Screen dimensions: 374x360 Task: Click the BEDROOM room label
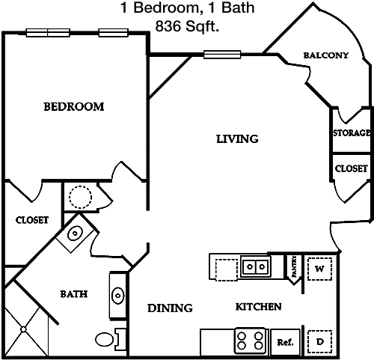pos(74,106)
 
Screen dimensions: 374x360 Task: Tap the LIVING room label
pos(237,139)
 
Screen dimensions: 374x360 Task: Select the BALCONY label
pos(325,55)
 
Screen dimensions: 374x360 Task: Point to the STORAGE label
pos(352,133)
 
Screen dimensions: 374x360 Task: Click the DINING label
pos(170,308)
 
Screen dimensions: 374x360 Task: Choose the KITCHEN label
pos(259,307)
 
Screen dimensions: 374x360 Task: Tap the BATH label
pos(74,294)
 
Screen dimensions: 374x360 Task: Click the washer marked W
pos(319,269)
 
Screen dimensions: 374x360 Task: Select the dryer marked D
pos(319,341)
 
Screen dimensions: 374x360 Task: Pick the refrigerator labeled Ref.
pos(285,342)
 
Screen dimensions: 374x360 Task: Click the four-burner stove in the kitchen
pos(251,341)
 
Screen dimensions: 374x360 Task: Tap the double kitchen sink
pos(256,266)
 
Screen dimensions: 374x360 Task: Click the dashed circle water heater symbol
pos(80,197)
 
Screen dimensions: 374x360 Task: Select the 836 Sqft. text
pos(187,26)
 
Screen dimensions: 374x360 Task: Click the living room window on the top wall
pos(222,55)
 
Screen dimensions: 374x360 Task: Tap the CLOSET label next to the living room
pos(352,168)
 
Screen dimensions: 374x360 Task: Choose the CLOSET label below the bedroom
pos(32,220)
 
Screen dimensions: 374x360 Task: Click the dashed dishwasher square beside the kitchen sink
pos(227,270)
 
